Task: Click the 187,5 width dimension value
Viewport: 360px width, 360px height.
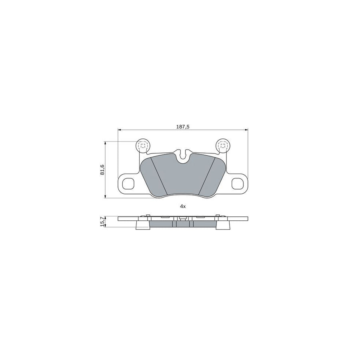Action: [182, 126]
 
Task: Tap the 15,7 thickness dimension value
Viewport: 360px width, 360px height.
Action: [102, 221]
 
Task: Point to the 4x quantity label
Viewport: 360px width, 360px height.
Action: [182, 206]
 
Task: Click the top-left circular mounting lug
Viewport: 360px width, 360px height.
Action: [143, 146]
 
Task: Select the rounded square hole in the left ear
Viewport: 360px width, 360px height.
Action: [128, 183]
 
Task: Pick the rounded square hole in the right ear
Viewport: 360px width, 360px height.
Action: [237, 183]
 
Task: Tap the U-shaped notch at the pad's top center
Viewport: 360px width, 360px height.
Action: [183, 155]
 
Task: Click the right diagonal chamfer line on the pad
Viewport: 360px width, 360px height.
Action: [208, 176]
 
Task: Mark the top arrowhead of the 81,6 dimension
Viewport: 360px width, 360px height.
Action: [106, 143]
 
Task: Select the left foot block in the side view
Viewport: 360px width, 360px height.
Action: [142, 226]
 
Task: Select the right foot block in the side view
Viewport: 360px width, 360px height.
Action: [223, 226]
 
